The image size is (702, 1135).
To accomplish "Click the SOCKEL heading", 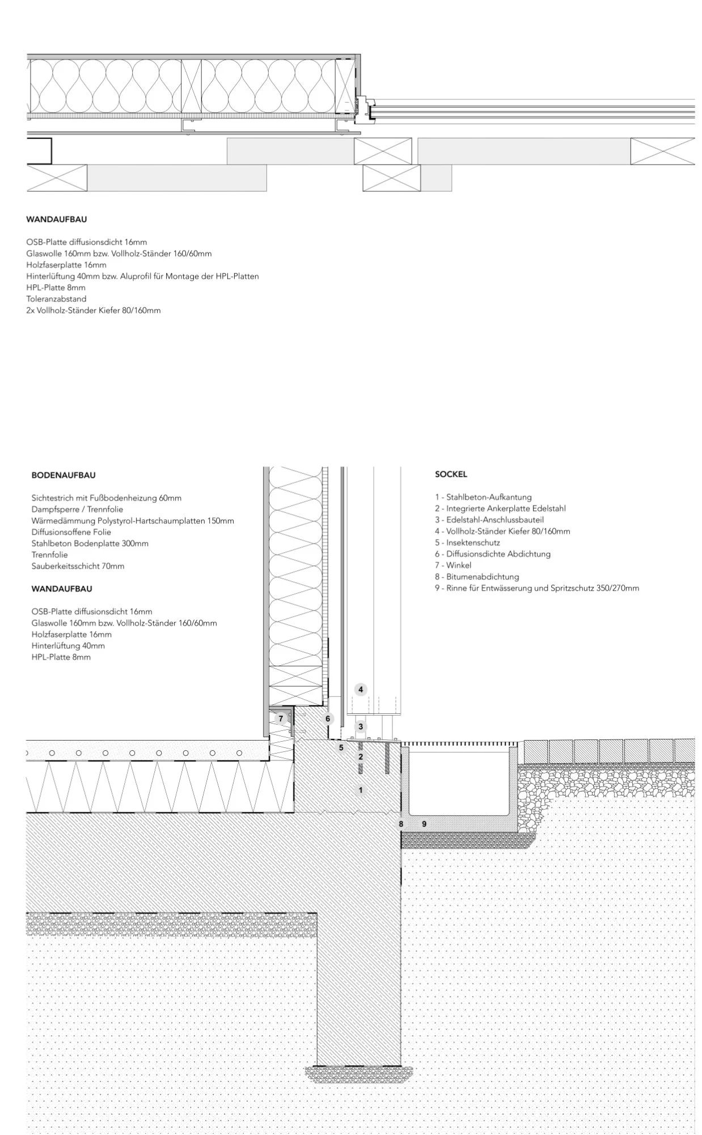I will (451, 474).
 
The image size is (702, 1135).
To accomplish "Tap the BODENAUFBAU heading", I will (63, 475).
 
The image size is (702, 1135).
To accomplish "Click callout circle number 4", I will (360, 690).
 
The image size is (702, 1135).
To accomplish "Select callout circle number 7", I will (281, 718).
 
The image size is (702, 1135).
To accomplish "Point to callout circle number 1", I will (360, 790).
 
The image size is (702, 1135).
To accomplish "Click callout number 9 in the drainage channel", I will (424, 823).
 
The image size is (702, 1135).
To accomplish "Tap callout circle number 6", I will (328, 718).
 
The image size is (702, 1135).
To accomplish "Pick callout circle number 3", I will (360, 726).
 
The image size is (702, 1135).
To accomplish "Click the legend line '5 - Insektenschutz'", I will (467, 543).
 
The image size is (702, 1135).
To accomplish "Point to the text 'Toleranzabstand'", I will (56, 299).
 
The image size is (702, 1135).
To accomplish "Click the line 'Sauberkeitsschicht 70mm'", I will (78, 566).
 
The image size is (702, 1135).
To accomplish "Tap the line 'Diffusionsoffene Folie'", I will (71, 532).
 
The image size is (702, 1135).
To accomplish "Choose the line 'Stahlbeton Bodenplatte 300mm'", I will (90, 543).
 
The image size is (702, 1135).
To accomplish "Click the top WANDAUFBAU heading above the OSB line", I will (56, 219).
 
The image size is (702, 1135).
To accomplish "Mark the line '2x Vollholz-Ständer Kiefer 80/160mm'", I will (93, 310).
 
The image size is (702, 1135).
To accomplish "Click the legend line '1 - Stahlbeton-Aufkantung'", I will (483, 497).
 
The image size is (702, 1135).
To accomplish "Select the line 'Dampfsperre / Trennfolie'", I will (77, 509).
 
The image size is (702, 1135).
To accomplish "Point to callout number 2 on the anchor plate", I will (360, 756).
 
